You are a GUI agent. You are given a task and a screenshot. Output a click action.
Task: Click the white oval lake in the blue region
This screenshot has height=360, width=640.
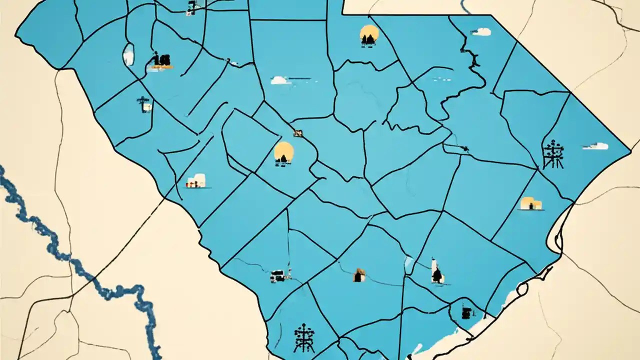point(128,54)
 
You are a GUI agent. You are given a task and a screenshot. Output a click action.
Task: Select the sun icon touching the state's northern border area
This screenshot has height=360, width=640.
point(369,35)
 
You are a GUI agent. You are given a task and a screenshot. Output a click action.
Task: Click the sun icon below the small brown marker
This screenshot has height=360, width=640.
point(283,153)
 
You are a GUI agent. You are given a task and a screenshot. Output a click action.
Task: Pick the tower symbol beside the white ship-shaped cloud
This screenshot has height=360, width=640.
point(553,154)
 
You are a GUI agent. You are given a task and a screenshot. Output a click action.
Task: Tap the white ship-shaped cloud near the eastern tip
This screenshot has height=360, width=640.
point(595,146)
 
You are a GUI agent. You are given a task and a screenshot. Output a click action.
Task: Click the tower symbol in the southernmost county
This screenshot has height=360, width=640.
point(304,338)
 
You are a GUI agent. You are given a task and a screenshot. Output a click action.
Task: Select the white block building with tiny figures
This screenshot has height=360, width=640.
point(196,180)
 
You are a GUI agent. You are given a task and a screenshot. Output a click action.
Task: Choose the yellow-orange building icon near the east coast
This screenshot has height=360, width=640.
point(531,203)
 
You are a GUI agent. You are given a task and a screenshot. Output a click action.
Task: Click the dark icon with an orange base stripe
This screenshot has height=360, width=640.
point(160,61)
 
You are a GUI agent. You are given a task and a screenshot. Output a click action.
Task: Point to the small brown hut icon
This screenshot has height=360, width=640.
point(359,275)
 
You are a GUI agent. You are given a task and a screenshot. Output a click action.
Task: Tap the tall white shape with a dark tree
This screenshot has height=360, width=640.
point(436,271)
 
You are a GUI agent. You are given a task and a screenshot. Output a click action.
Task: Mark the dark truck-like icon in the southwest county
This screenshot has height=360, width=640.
point(278,275)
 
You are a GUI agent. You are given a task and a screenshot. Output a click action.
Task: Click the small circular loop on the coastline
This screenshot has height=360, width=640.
point(522,288)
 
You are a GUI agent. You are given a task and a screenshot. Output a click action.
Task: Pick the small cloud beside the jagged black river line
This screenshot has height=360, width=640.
point(481,32)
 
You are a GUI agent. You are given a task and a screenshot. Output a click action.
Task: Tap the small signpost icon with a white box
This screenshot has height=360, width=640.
point(145,104)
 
